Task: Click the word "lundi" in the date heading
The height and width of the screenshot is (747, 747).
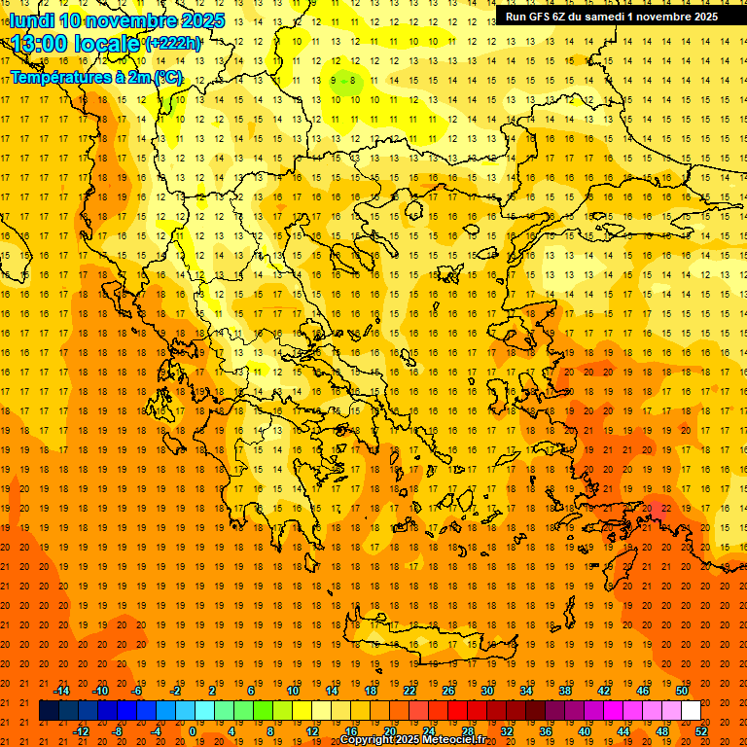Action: [x=31, y=20]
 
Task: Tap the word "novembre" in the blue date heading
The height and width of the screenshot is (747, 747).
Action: [x=133, y=20]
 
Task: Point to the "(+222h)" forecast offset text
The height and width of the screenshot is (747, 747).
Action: [x=173, y=44]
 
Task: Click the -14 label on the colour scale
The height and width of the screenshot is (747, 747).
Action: [x=61, y=691]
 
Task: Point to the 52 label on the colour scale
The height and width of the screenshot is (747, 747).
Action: [x=701, y=731]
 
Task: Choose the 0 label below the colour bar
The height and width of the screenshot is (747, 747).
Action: [x=193, y=731]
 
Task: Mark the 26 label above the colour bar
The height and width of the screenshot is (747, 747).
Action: [x=448, y=691]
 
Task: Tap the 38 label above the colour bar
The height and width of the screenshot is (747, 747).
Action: [x=564, y=691]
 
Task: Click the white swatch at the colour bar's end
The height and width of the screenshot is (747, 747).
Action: [x=692, y=711]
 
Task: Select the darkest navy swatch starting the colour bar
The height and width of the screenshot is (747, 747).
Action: [x=49, y=711]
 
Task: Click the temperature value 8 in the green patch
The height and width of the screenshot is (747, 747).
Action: [x=353, y=81]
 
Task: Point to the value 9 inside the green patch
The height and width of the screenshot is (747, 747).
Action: [x=334, y=81]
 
